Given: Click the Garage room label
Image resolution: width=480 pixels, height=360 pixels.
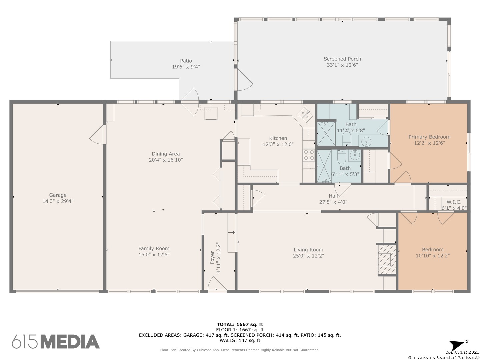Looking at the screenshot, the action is (x=58, y=195).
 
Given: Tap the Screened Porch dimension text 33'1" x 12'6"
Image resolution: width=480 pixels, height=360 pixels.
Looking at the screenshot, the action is (x=342, y=65).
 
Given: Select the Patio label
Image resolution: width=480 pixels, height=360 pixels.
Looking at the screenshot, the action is (x=186, y=61).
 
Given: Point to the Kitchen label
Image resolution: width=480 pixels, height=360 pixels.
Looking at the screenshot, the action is (x=278, y=138).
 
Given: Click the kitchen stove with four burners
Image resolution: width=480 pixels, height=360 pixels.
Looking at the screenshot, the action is (x=309, y=155).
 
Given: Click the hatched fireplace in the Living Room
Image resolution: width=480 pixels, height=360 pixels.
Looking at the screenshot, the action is (x=387, y=259).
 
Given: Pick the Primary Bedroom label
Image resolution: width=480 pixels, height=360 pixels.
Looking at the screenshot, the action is (x=429, y=137).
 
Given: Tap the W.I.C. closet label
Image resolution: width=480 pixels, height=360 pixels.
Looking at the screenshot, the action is (x=454, y=202).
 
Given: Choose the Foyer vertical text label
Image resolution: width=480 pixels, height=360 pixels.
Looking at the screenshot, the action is (x=212, y=257).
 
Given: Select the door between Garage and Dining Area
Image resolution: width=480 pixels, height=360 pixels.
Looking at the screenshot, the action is (x=98, y=135).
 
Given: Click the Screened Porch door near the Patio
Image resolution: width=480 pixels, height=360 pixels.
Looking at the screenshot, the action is (x=245, y=80).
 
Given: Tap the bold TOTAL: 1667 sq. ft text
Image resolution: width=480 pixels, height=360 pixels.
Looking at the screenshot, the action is (x=240, y=324).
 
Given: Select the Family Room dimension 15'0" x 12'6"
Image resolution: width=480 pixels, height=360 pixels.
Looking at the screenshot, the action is (x=154, y=254).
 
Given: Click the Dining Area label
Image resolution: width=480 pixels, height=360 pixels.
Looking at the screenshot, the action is (x=166, y=154).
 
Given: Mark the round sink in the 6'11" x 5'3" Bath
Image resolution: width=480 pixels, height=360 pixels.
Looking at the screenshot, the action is (x=354, y=155).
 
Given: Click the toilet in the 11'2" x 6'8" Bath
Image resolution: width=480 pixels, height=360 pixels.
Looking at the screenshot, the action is (x=346, y=138).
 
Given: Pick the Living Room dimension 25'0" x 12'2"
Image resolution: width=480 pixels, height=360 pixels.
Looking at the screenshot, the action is (x=308, y=256).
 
